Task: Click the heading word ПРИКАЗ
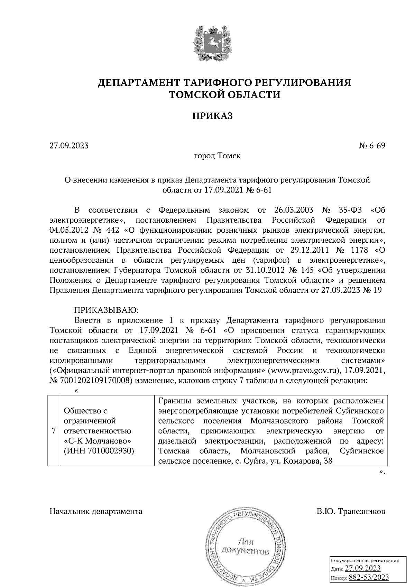(212, 116)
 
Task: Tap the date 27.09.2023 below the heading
(69, 146)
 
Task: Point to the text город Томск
(217, 156)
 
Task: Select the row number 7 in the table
(54, 431)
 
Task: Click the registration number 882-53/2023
(369, 577)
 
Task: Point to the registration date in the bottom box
(362, 569)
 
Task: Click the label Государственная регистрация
(365, 560)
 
